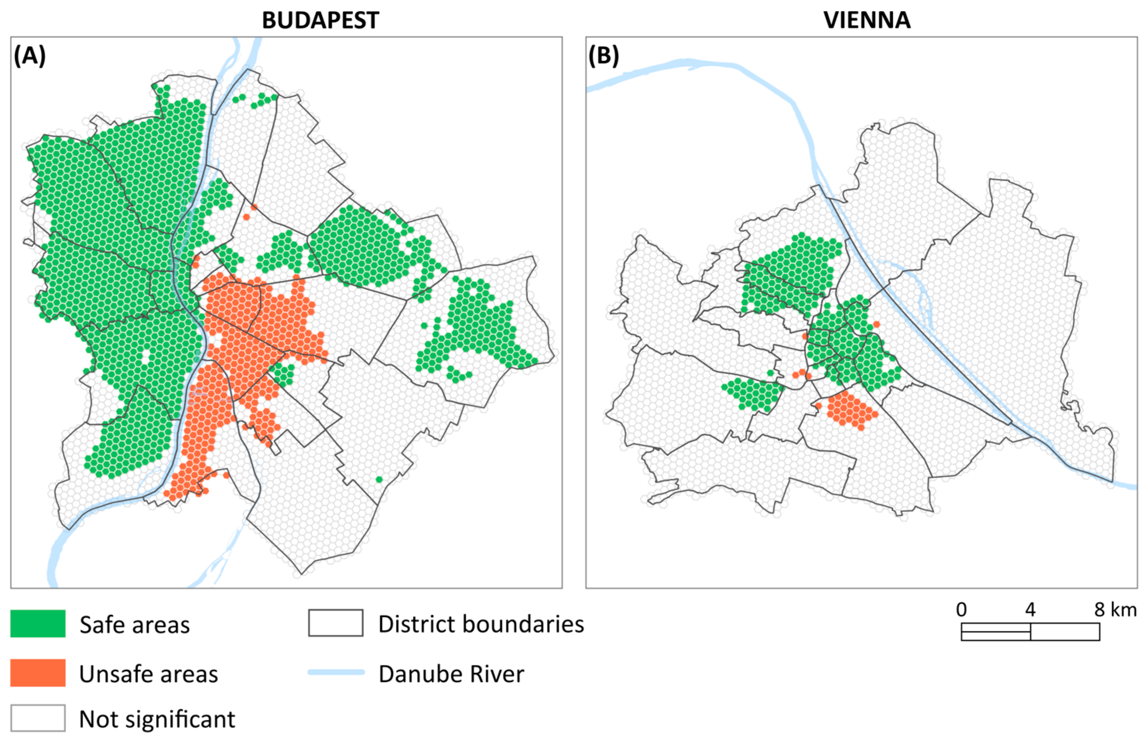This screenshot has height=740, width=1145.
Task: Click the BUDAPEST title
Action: tap(320, 20)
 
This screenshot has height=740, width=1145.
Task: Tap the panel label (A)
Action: tap(30, 56)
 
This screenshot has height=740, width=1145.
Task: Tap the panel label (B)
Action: tap(603, 56)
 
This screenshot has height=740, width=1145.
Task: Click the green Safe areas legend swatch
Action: tap(38, 624)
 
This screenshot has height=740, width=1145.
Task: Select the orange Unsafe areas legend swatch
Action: tap(38, 673)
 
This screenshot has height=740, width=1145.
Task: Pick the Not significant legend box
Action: tap(38, 718)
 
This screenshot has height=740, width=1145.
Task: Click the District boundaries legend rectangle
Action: tap(335, 623)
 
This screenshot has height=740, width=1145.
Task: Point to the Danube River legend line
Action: tap(336, 672)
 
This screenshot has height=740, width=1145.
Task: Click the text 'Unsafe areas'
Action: tap(149, 674)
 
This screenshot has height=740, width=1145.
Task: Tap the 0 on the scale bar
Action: tap(961, 610)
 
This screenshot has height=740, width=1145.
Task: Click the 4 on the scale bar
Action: tap(1030, 610)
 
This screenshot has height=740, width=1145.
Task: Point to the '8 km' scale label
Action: tap(1115, 610)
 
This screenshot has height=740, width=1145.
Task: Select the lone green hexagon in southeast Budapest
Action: tap(379, 479)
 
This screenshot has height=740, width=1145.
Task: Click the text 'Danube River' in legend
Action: tap(451, 674)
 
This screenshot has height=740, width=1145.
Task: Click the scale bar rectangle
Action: tap(1030, 631)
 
